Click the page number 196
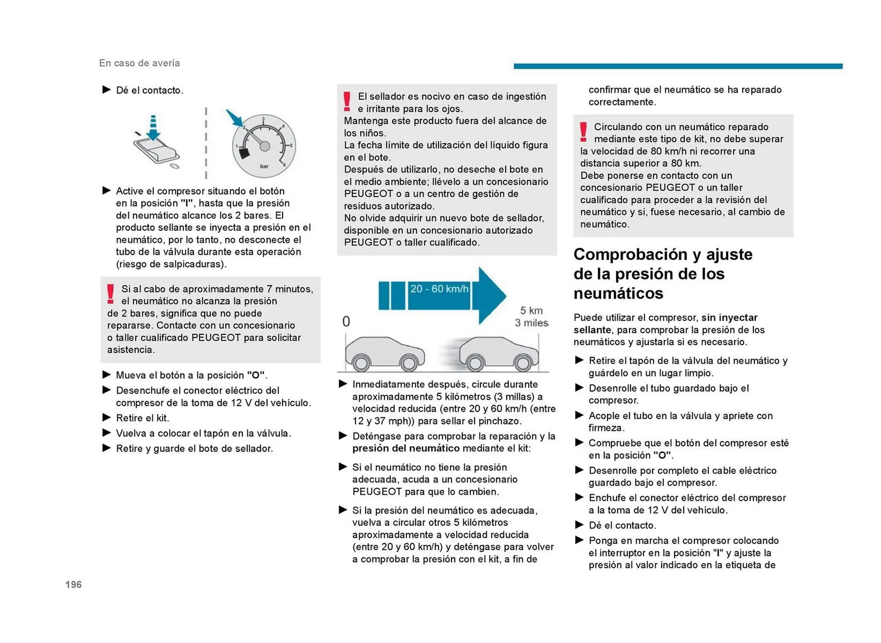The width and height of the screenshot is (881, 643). click(73, 584)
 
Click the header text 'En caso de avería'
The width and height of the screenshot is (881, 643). click(139, 63)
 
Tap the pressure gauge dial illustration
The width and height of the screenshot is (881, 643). click(264, 146)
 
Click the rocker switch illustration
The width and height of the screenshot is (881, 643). click(156, 149)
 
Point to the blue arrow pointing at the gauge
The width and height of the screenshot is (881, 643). click(235, 118)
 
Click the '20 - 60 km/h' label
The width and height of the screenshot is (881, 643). click(439, 289)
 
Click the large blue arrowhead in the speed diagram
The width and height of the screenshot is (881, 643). click(491, 296)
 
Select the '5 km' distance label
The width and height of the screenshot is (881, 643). click(531, 310)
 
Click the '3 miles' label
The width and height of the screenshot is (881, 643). click(531, 323)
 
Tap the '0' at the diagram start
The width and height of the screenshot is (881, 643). click(346, 321)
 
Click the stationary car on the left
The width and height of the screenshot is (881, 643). click(385, 354)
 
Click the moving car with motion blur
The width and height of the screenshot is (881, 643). click(498, 354)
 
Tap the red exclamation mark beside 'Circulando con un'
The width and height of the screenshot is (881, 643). click(583, 132)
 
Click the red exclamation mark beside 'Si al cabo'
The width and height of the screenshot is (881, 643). click(111, 294)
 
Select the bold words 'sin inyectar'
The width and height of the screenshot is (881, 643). click(729, 317)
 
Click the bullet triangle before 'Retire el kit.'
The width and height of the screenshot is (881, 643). click(106, 418)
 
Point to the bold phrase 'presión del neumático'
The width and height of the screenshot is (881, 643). click(406, 449)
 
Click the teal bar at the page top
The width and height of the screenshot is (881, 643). click(678, 67)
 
